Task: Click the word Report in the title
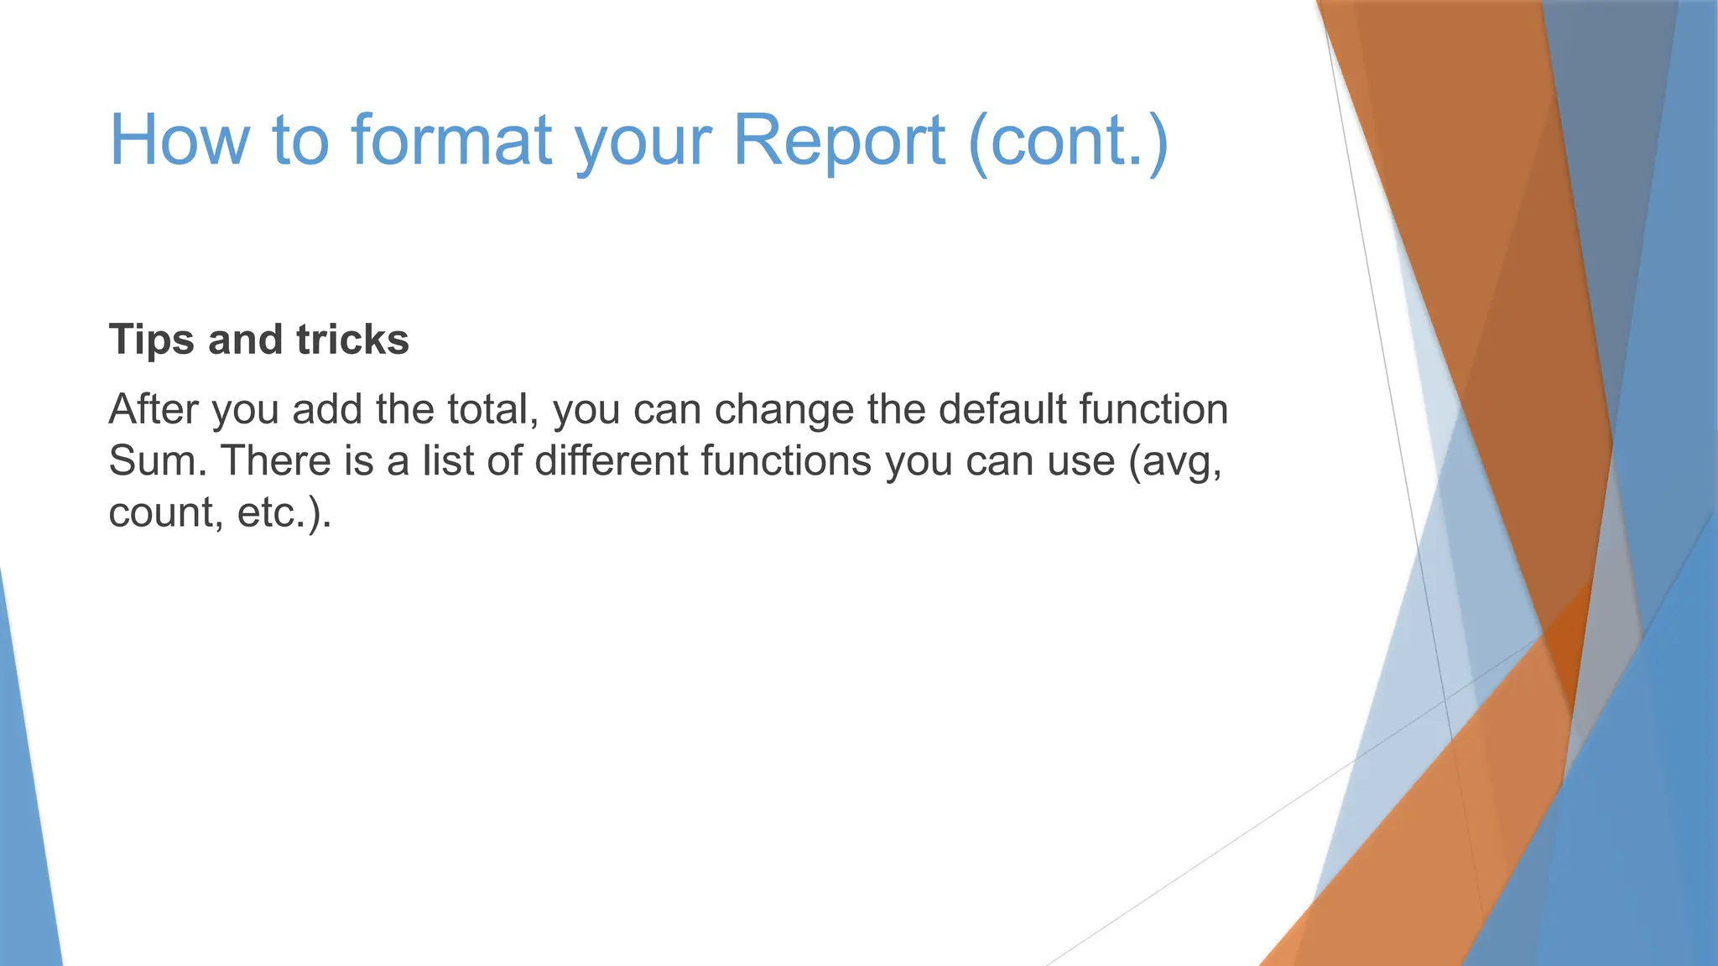coord(840,140)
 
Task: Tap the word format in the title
coord(451,140)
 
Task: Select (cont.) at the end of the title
coord(1067,140)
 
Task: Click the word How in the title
coord(180,140)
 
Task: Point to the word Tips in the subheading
coord(152,340)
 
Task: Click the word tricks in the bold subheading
coord(352,340)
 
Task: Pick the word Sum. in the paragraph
coord(157,461)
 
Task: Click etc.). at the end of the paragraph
coord(284,513)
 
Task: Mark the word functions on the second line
coord(785,461)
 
